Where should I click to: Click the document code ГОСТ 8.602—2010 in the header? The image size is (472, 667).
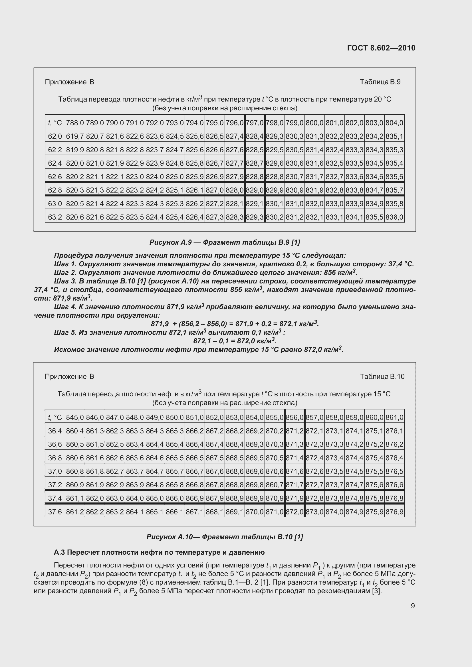(x=381, y=48)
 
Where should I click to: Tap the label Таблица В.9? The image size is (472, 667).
(x=380, y=82)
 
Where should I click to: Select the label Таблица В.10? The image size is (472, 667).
(x=382, y=376)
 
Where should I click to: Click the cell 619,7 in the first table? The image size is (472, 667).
(x=75, y=137)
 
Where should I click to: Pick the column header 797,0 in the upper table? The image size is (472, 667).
(x=255, y=123)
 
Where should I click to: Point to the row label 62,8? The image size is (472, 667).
(x=55, y=190)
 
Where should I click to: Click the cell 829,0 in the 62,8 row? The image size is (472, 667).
(x=255, y=190)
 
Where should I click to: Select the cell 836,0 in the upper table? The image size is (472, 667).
(x=394, y=217)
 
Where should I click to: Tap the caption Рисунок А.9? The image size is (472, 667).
(x=170, y=242)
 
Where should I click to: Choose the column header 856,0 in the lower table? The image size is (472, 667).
(x=295, y=417)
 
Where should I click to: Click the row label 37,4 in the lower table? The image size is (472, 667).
(x=55, y=498)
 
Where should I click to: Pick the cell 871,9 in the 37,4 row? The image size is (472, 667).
(x=295, y=498)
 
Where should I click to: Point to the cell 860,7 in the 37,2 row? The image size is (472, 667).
(x=274, y=485)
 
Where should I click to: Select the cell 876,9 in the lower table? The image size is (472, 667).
(x=394, y=512)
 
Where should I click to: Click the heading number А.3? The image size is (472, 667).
(x=59, y=552)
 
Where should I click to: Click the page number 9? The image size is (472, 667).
(x=413, y=606)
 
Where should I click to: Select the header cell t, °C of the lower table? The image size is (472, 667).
(x=55, y=417)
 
